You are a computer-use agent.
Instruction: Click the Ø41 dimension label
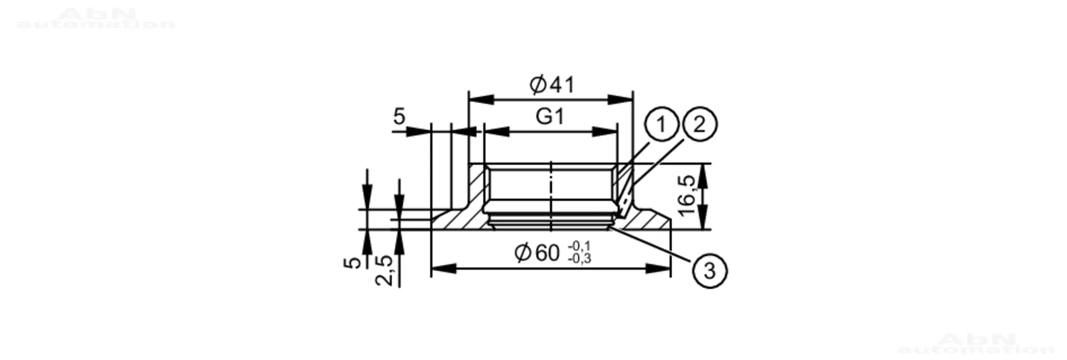(x=552, y=84)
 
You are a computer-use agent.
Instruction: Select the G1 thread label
(x=550, y=116)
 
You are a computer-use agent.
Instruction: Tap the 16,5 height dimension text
(x=688, y=196)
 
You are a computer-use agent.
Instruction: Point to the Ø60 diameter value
(x=537, y=253)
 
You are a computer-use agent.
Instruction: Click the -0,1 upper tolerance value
(x=580, y=246)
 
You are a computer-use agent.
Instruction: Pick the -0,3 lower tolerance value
(x=580, y=259)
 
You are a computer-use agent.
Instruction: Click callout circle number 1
(x=661, y=125)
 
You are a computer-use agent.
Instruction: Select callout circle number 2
(x=699, y=125)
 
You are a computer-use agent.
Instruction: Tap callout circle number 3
(x=710, y=271)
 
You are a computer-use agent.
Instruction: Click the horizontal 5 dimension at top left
(x=399, y=116)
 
